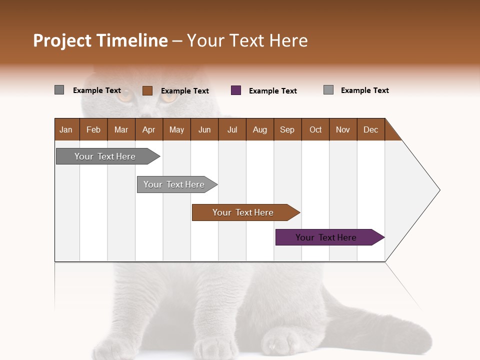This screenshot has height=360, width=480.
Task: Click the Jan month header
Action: [x=66, y=129]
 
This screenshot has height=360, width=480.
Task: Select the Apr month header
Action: [x=148, y=129]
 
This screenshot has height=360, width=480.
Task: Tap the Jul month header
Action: [x=232, y=129]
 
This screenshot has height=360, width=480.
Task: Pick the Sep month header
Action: [x=287, y=129]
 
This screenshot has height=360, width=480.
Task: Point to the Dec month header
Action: [x=370, y=129]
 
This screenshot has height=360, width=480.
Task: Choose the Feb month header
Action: [x=93, y=129]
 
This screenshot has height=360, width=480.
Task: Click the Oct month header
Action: [x=315, y=129]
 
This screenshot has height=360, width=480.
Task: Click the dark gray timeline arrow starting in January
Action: [x=105, y=156]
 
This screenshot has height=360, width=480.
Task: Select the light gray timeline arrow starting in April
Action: [x=174, y=184]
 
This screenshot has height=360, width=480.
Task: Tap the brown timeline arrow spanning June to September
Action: [x=243, y=212]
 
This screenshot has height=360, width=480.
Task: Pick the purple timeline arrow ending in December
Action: [x=326, y=237]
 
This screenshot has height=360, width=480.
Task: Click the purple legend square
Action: [x=236, y=90]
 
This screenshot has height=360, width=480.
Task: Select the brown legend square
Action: [x=147, y=90]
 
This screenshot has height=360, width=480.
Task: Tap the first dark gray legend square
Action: [x=59, y=90]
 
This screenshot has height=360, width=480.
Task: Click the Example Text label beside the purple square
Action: [x=273, y=91]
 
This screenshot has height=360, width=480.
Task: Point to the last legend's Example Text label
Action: [x=365, y=90]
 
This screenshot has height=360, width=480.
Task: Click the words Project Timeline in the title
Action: [x=100, y=40]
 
